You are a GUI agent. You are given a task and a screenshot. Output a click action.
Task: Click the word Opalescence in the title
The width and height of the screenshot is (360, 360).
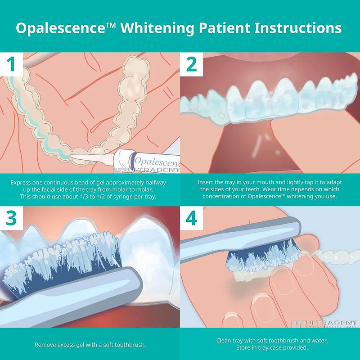61,28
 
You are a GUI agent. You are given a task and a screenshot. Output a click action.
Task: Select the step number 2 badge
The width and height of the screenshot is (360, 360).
192,64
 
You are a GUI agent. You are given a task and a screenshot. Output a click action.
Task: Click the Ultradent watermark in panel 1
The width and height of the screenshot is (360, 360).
148,171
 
